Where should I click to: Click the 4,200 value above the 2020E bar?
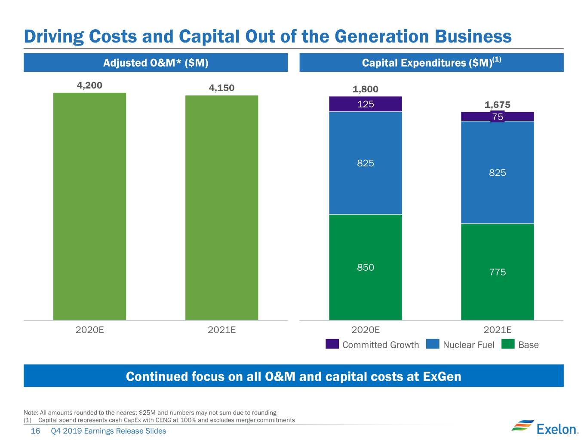(89, 85)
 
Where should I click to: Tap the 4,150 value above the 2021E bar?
(221, 88)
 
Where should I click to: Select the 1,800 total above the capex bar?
(365, 89)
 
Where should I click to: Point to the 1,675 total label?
(497, 104)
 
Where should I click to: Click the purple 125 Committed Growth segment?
(365, 104)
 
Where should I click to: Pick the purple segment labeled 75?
(498, 116)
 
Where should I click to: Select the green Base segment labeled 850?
(365, 267)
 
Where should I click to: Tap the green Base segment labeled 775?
(498, 272)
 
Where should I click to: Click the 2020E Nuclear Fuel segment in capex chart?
(365, 163)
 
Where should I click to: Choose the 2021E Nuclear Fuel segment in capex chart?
(498, 172)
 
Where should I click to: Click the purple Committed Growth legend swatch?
(332, 344)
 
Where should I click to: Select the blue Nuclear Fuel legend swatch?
(433, 344)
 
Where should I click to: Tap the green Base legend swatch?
(508, 344)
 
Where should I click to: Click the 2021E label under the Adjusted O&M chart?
(221, 330)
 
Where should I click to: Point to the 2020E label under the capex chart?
(365, 330)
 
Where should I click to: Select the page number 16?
(35, 431)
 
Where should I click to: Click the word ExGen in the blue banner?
(442, 376)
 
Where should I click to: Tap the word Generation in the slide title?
(381, 37)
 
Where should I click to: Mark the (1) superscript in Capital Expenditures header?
(497, 59)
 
